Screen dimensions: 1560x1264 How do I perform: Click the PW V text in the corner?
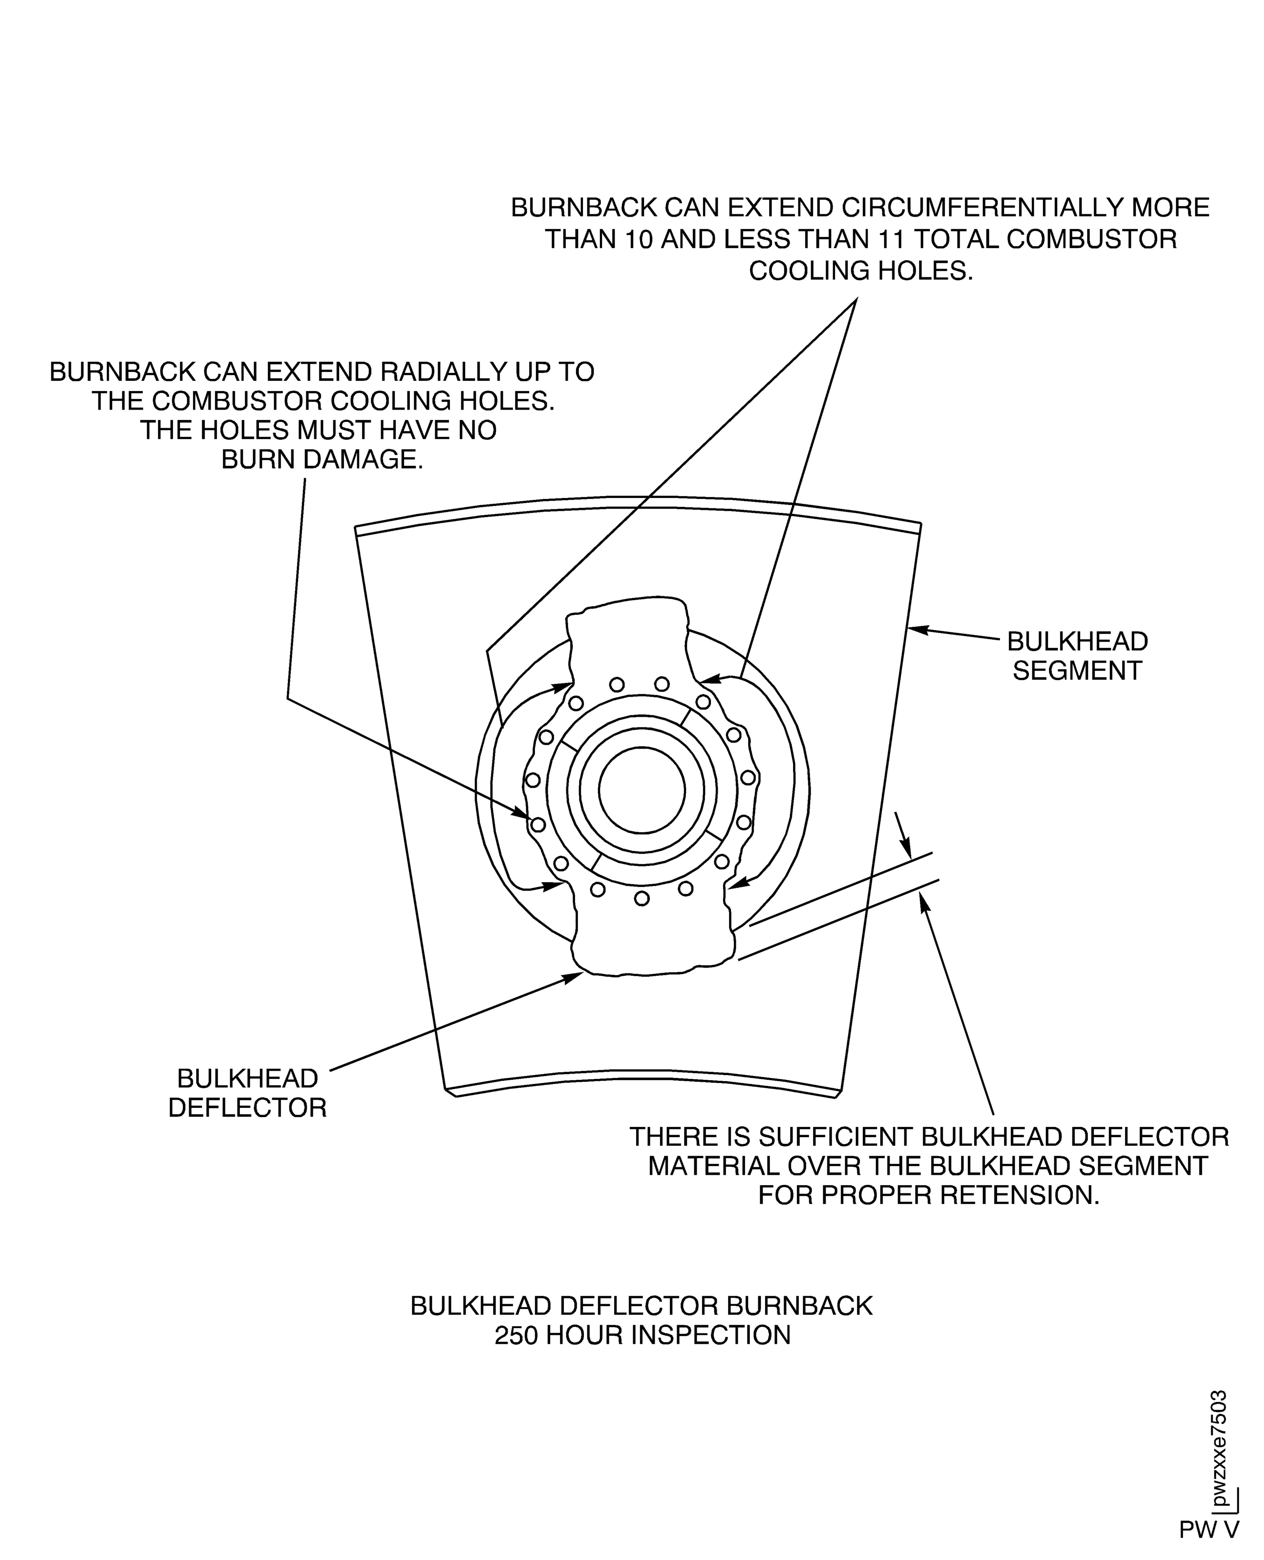pyautogui.click(x=1209, y=1529)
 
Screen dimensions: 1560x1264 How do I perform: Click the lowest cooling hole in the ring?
pyautogui.click(x=641, y=898)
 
